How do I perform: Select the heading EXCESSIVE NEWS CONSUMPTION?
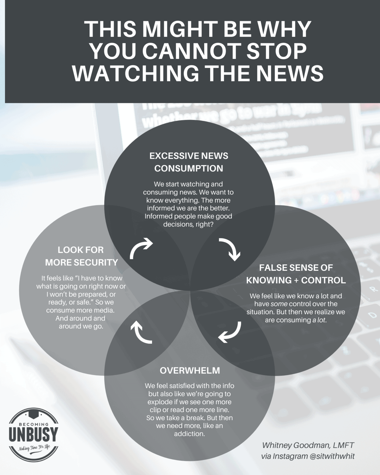click(189, 162)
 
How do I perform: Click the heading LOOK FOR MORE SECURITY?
click(81, 256)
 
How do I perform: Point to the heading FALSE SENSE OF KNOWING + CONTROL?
click(296, 274)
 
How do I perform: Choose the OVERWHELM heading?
click(190, 370)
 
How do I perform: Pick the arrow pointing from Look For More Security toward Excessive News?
click(140, 248)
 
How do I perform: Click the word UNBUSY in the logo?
click(33, 434)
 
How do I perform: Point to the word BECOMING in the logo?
click(34, 423)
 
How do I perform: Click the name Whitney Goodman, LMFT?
click(308, 445)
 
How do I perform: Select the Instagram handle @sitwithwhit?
click(332, 456)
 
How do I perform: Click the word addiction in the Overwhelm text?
click(189, 434)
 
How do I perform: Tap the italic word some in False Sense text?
click(279, 304)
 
